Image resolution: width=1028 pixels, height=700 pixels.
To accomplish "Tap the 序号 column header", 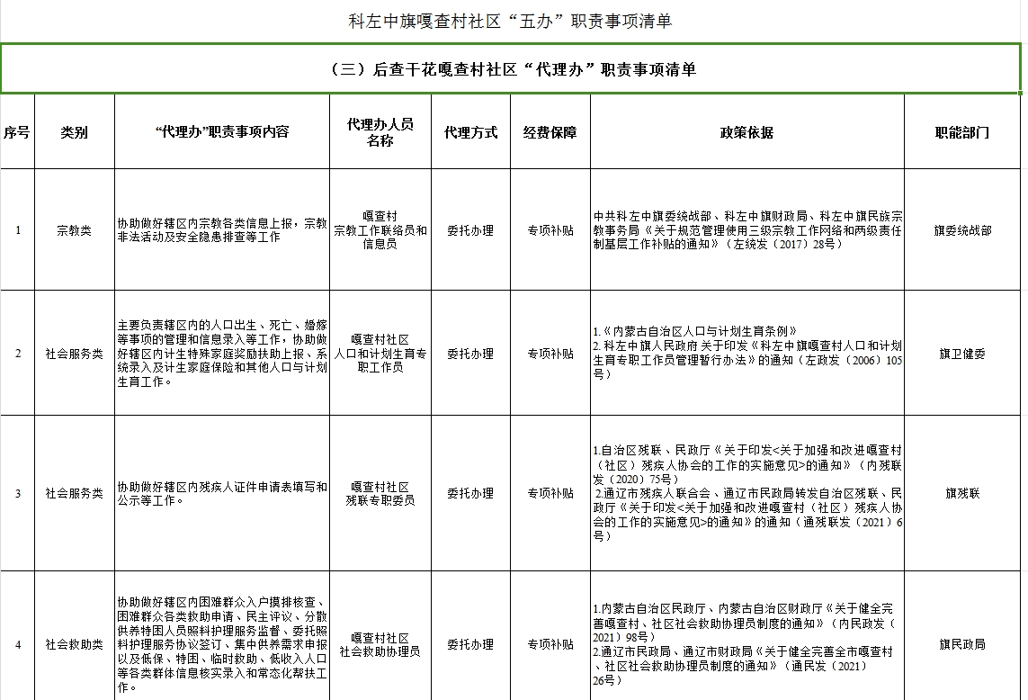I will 17,132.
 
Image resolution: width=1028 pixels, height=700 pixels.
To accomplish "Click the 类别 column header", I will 75,132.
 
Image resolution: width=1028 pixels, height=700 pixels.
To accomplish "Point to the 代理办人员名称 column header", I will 380,132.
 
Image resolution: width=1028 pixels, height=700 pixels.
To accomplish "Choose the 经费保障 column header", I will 550,132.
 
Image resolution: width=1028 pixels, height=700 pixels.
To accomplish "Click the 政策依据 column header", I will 746,132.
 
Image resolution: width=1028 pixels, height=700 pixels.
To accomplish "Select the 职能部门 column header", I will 962,132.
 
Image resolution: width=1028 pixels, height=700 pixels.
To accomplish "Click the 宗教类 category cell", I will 75,230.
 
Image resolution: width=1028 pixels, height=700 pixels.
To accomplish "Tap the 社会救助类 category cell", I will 75,644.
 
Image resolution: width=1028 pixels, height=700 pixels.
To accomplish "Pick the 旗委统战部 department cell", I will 962,230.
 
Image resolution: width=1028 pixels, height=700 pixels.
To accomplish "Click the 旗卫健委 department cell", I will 962,354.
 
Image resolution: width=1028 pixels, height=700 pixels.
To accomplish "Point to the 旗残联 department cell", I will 962,493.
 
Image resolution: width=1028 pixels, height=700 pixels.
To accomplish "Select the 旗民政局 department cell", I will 962,644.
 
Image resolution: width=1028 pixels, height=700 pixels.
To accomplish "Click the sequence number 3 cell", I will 18,493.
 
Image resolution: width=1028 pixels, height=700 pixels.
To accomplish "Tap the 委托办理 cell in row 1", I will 470,230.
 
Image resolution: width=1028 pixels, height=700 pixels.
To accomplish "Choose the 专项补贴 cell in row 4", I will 550,644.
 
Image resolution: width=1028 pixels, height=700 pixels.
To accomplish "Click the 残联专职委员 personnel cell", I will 380,493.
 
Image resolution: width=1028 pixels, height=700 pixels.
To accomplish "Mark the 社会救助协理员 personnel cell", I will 380,644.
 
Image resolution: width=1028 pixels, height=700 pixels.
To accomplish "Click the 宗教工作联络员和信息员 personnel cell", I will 380,230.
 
